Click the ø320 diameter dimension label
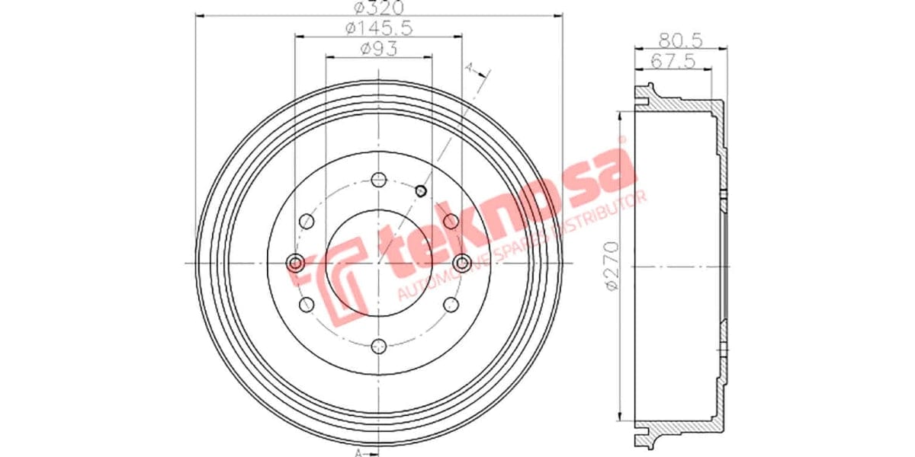(379, 8)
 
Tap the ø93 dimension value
(379, 50)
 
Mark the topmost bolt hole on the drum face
(379, 180)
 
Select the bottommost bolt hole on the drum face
(379, 347)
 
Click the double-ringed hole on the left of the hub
(295, 264)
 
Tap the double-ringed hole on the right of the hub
(462, 264)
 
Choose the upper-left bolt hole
(307, 222)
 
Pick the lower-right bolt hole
(451, 305)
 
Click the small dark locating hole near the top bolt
(420, 189)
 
